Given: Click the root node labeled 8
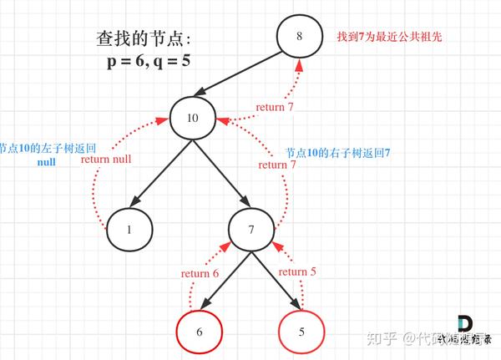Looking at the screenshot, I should tap(300, 37).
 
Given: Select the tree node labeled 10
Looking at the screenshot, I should tap(193, 118).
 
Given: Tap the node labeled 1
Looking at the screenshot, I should tap(129, 228).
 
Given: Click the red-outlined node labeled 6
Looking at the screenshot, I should tap(199, 332).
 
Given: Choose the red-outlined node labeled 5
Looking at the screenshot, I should tap(301, 332).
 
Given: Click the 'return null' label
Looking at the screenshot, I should tap(108, 159).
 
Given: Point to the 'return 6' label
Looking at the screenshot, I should tap(200, 273).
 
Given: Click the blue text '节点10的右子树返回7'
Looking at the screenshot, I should tap(337, 154).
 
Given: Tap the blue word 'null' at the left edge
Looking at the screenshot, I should tap(47, 162).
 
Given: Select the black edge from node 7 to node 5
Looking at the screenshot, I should tap(276, 280).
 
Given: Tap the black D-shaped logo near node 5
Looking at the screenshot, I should tap(465, 325).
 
